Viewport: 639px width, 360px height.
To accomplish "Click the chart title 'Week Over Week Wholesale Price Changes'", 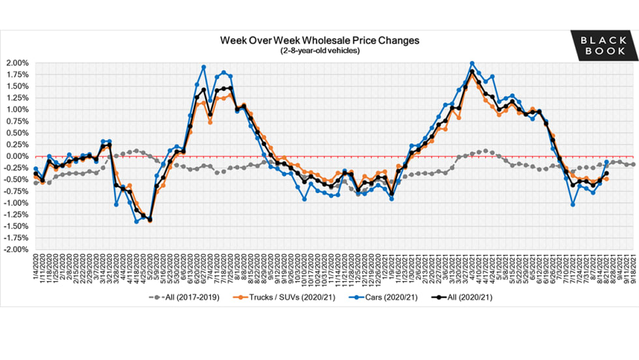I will click(319, 40).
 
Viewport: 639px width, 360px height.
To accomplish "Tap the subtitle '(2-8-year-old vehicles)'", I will click(319, 50).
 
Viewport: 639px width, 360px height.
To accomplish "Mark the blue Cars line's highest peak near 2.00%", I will click(472, 64).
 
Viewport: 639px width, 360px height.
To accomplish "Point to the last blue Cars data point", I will click(606, 162).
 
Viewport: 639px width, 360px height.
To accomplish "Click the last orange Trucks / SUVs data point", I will click(606, 179).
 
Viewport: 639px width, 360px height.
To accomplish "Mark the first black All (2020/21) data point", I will click(35, 173).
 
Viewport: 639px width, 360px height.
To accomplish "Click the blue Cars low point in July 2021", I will click(572, 205).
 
